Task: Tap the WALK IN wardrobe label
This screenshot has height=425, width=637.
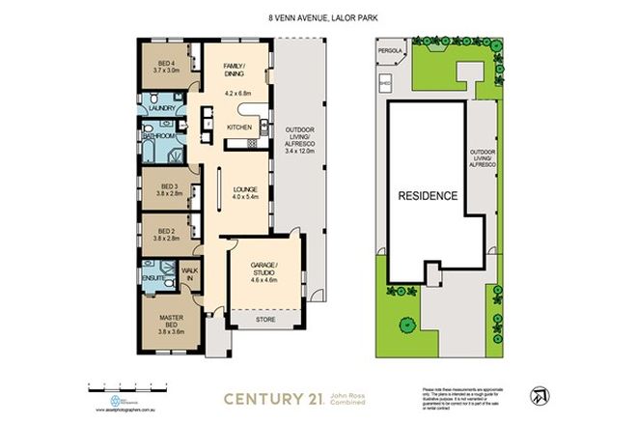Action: (x=190, y=275)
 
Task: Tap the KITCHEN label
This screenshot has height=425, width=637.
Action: (x=238, y=127)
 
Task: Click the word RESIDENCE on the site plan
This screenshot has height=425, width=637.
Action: (x=427, y=195)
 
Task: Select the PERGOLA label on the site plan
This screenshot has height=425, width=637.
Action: (x=388, y=45)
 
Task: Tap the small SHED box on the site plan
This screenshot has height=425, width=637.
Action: (x=385, y=84)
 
